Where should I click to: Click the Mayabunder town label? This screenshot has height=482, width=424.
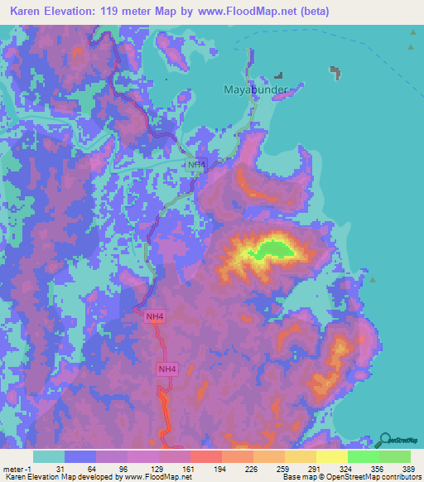point(256,89)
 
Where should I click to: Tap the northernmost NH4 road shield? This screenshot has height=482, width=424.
point(195,165)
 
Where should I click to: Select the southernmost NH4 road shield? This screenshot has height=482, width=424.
point(167,369)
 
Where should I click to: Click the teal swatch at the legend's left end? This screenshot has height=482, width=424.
point(48,456)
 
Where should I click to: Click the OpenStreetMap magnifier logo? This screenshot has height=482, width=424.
point(384,440)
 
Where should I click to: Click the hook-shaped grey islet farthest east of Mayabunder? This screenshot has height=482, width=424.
point(336,73)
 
